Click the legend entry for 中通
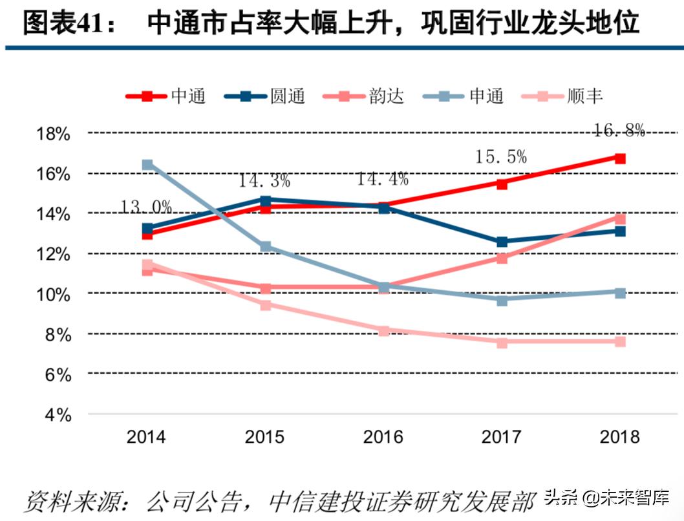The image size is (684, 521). (x=166, y=96)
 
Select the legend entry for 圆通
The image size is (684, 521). (x=265, y=96)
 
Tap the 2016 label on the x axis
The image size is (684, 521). (x=383, y=437)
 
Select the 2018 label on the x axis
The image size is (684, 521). (x=619, y=437)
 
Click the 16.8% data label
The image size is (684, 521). (x=619, y=131)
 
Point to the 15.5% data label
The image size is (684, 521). (x=501, y=156)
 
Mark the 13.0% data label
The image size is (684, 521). (x=146, y=207)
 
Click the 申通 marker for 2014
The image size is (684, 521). (x=147, y=165)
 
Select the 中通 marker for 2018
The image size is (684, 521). (x=619, y=158)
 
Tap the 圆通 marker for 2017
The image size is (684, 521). (x=502, y=242)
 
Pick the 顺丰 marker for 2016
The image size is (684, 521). (x=384, y=331)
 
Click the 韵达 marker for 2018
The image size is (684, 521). (x=619, y=219)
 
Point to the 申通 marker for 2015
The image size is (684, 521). (x=265, y=246)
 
